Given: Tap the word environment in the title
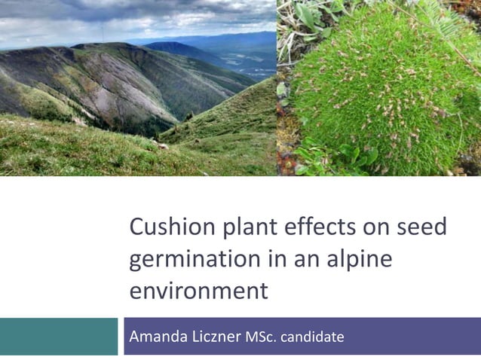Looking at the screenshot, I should coord(198,291).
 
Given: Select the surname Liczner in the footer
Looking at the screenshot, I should coord(215,336).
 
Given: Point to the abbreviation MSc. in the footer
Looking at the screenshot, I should coord(261,337).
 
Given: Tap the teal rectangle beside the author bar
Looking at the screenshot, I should coord(59,336).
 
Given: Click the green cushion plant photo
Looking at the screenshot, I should coord(378,88).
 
